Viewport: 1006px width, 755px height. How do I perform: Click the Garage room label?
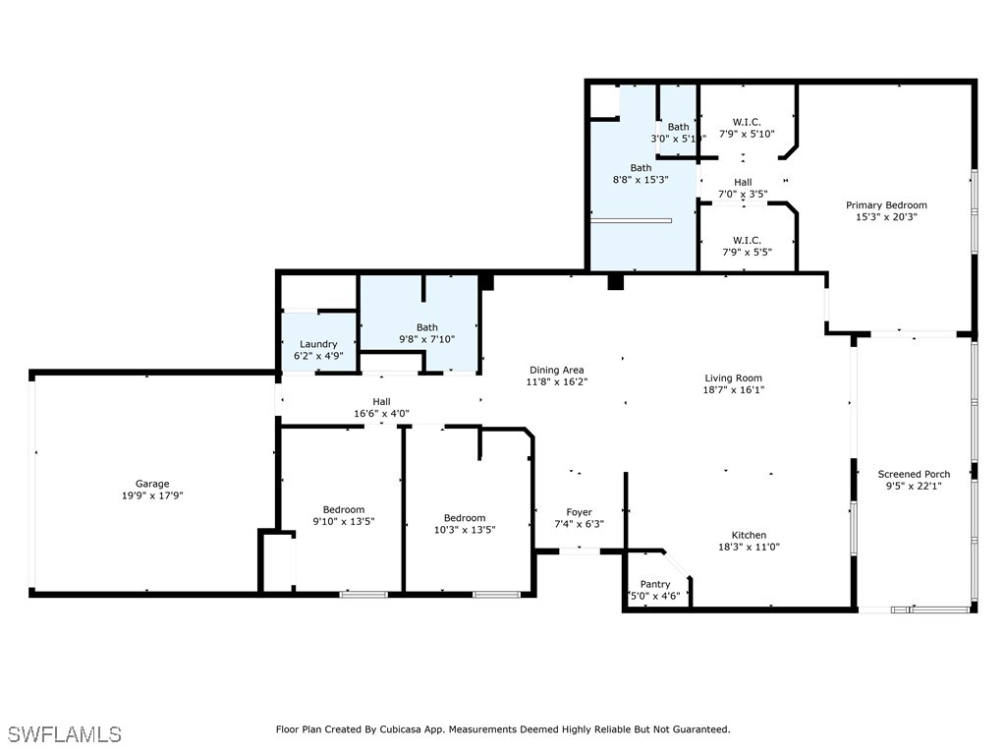[x=152, y=484]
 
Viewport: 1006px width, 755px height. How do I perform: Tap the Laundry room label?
[x=318, y=344]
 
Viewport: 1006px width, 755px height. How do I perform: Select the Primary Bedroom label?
[x=886, y=205]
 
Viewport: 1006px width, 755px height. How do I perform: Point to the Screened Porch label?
[x=914, y=474]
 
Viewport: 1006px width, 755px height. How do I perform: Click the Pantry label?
[x=655, y=584]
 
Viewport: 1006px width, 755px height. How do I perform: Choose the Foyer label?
[x=579, y=512]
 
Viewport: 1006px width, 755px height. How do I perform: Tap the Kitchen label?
[x=749, y=535]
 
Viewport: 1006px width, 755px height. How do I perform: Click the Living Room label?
[x=733, y=377]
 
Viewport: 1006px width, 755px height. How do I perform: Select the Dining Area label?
[x=556, y=371]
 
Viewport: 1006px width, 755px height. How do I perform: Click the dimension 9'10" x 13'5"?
[x=344, y=521]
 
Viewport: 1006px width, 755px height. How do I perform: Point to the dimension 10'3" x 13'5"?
[x=464, y=530]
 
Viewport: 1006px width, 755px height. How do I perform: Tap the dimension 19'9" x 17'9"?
[x=152, y=495]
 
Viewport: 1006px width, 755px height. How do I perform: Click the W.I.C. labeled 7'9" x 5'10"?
[x=747, y=122]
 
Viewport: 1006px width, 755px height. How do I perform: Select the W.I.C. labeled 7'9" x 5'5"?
[x=747, y=240]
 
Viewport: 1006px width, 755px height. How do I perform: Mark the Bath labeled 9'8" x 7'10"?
[x=426, y=327]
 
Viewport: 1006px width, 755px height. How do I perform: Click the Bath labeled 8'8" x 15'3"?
[x=641, y=168]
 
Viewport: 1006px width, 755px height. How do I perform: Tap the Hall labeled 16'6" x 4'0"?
[x=381, y=401]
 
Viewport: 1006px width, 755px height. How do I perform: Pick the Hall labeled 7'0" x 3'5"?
[x=743, y=182]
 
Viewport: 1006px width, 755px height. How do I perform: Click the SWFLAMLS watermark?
[x=65, y=734]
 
